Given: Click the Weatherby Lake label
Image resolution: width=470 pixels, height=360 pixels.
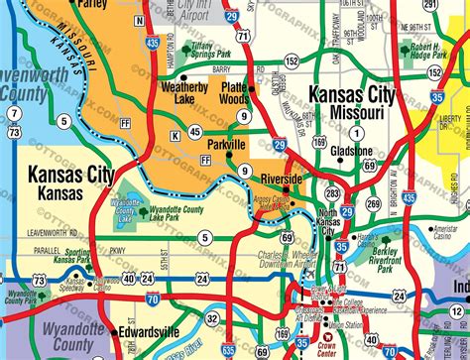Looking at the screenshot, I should point(184,90).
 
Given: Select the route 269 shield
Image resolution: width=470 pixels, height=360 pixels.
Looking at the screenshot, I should point(373,204).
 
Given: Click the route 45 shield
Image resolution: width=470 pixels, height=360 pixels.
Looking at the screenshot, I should point(196,132).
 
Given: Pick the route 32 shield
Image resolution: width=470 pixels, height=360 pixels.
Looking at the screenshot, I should point(212,317).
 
